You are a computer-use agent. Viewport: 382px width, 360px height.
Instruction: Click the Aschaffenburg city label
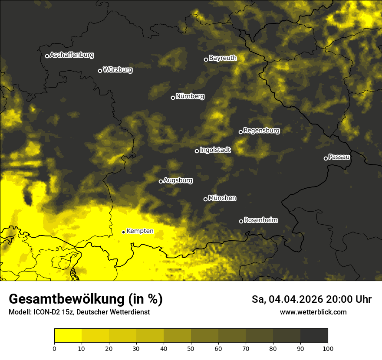72,55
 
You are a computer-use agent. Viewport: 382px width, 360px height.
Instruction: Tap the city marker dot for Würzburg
100,71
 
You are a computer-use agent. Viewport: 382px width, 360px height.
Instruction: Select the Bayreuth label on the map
223,58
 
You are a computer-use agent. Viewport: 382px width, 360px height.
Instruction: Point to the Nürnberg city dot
173,98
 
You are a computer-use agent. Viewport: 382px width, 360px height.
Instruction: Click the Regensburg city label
261,131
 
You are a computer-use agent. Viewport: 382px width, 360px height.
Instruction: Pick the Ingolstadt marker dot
197,151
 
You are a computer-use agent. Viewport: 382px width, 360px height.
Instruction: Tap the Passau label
339,157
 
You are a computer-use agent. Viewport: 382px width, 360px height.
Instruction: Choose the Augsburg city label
178,180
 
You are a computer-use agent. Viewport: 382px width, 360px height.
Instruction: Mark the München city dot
205,199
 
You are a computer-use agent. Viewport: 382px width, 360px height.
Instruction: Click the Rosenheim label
260,220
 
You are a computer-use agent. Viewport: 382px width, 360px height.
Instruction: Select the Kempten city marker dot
123,232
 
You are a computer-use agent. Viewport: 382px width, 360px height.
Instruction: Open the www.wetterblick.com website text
313,312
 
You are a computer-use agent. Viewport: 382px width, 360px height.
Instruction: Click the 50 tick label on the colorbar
191,348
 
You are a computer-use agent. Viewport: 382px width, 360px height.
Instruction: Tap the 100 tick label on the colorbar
328,348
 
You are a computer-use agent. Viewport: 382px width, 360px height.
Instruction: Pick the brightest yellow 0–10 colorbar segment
68,336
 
